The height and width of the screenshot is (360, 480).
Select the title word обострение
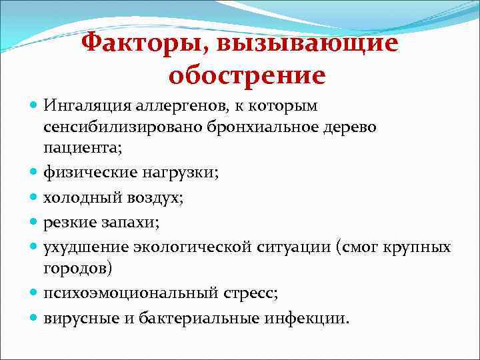[x=247, y=76]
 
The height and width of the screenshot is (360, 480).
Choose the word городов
[x=78, y=268]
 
